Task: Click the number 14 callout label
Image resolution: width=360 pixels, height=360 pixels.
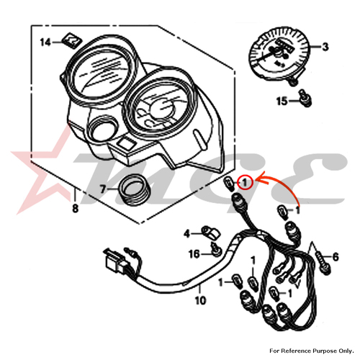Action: pos(45,42)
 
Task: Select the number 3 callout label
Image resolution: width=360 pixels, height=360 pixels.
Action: pos(325,48)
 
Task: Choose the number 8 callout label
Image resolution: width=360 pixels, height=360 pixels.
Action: pos(76,212)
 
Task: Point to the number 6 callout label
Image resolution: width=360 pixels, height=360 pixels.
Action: pos(336,257)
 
